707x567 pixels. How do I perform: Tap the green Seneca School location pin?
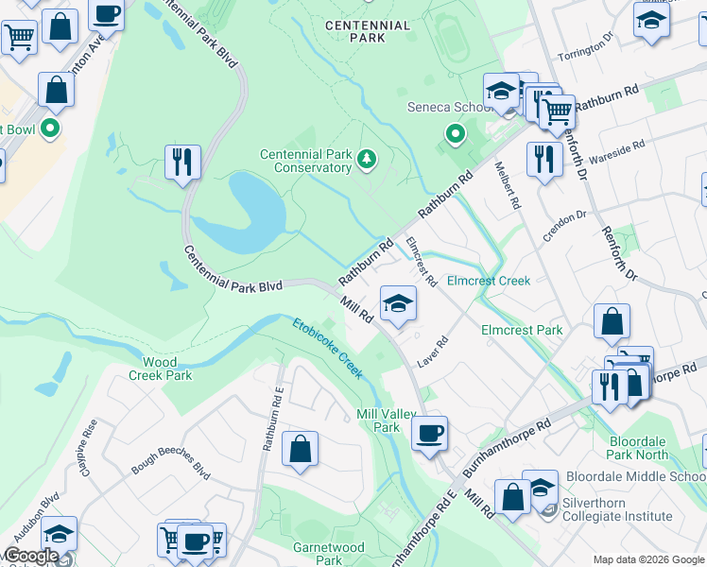tap(455, 134)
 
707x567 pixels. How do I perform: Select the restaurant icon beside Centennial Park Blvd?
tap(182, 162)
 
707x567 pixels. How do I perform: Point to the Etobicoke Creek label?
tap(327, 348)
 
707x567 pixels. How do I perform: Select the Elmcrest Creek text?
tap(488, 281)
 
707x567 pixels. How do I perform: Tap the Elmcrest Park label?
tap(522, 330)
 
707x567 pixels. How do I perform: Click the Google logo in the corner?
tap(32, 556)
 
